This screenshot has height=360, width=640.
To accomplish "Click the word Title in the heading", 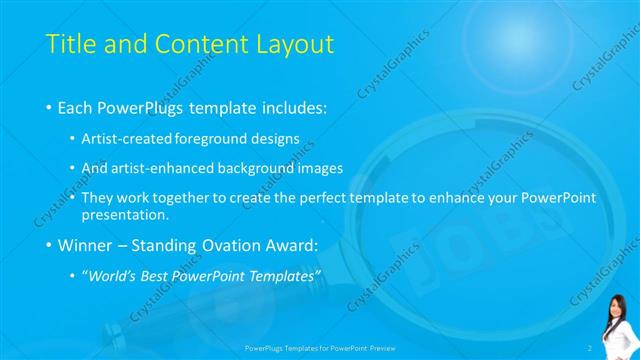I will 72,44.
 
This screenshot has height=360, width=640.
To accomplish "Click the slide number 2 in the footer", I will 590,347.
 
